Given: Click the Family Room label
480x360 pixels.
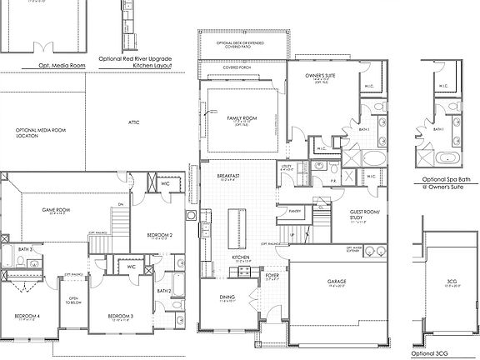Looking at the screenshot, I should tap(242, 119).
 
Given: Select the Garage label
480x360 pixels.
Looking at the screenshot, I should tap(336, 281).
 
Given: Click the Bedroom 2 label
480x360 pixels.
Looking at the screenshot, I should tap(159, 235).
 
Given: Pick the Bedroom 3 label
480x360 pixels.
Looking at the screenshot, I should tap(121, 316).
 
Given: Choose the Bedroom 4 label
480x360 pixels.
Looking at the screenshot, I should tap(27, 316).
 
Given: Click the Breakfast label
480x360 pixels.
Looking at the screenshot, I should tap(228, 176).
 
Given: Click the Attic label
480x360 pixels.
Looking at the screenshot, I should tap(133, 122).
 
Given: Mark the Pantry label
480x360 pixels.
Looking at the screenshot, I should tap(293, 212).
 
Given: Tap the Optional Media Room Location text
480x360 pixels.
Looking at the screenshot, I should tap(39, 132).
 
